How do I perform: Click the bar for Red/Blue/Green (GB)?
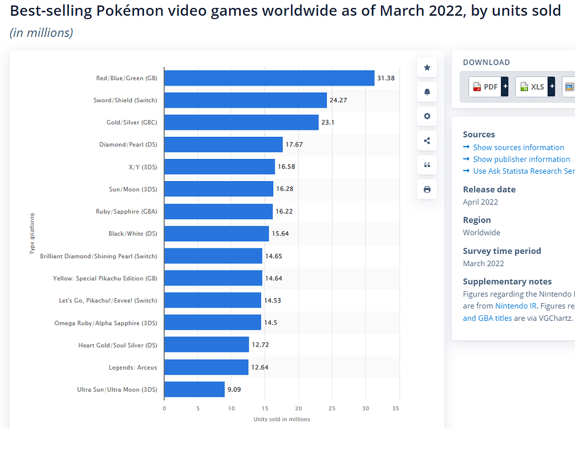coord(269,78)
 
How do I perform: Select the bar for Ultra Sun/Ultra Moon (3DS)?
coord(195,389)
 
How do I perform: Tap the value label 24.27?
coord(339,100)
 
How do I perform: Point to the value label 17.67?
coord(294,145)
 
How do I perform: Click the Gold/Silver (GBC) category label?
coord(132,123)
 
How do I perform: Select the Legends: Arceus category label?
coord(133,367)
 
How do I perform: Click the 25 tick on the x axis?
coord(332,408)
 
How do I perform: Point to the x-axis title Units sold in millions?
coord(281,419)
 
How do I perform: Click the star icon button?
coord(427,68)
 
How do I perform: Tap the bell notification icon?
coord(427,92)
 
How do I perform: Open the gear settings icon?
coord(427,116)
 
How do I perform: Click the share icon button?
coord(427,141)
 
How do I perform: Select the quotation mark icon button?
coord(427,165)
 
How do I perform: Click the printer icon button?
coord(427,190)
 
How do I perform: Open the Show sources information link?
coord(518,147)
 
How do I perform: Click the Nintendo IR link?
coord(516,306)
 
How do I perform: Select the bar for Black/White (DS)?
coord(217,233)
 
